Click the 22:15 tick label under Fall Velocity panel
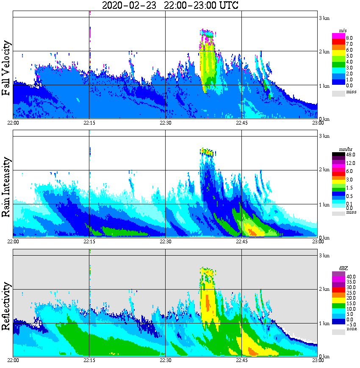coord(89,122)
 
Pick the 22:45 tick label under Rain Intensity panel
coord(241,241)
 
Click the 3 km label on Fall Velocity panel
coord(324,18)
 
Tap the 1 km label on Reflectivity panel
coord(324,323)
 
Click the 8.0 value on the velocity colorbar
coord(349,38)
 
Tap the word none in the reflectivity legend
coord(352,329)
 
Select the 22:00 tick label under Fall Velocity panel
coord(13,122)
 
